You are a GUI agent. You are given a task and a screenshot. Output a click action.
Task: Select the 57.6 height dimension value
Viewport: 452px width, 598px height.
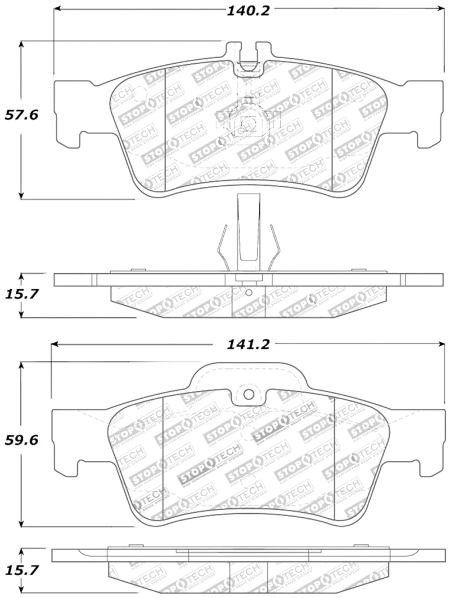click(x=21, y=115)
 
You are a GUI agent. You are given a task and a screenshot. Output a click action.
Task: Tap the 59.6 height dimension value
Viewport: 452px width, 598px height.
click(x=21, y=440)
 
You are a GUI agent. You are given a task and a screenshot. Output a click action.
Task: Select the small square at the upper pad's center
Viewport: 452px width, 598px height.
click(x=247, y=123)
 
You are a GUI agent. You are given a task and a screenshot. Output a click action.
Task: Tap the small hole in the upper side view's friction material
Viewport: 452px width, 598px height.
click(x=249, y=293)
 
